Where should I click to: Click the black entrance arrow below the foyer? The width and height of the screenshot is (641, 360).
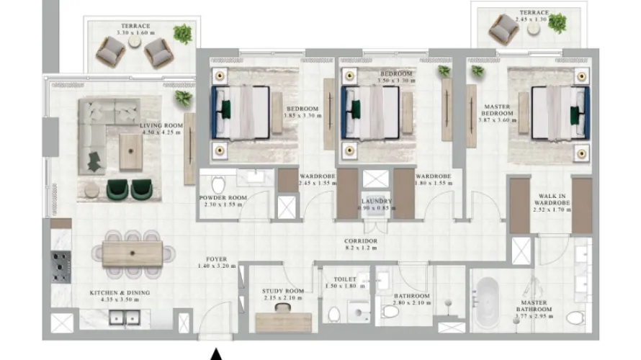pos(215,354)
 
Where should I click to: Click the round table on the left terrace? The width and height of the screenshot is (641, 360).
pos(134,42)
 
